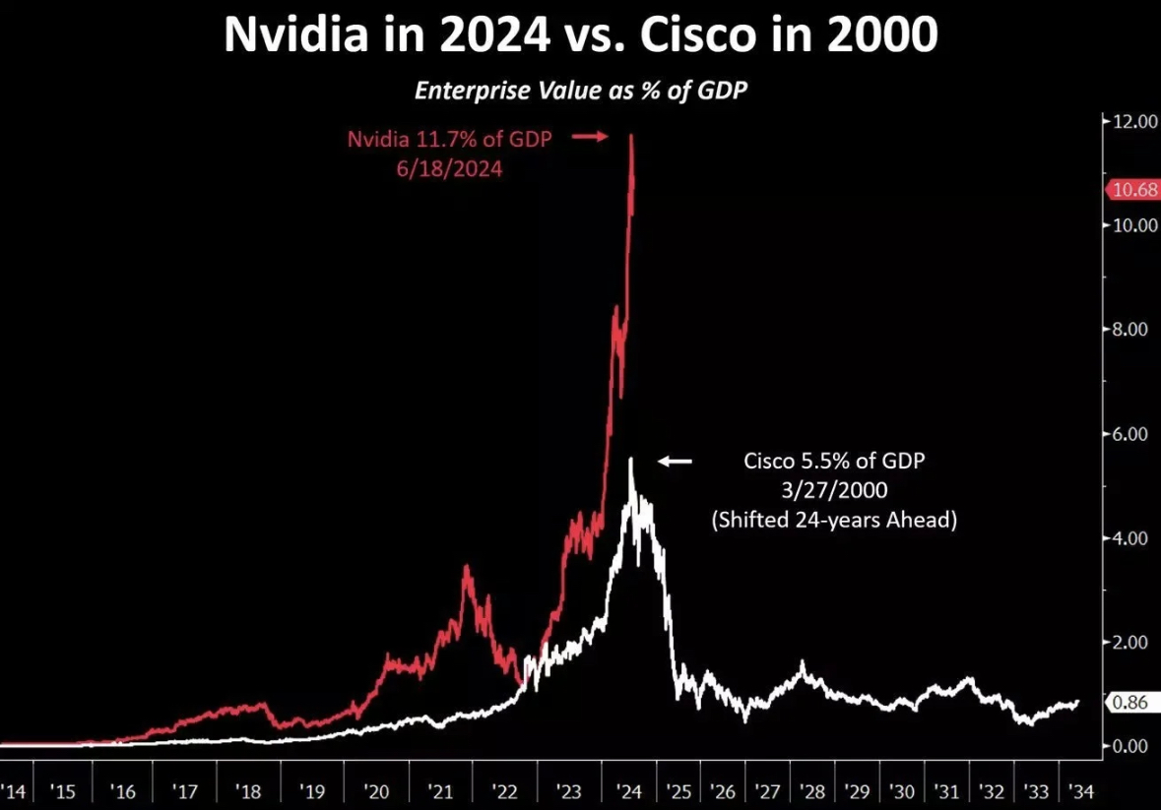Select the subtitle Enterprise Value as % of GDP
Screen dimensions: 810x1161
pyautogui.click(x=580, y=91)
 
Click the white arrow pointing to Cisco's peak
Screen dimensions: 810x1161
pyautogui.click(x=676, y=461)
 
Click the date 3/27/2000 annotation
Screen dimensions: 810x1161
pyautogui.click(x=833, y=489)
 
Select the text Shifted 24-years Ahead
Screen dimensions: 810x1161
pyautogui.click(x=834, y=520)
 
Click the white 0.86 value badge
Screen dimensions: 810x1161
pyautogui.click(x=1131, y=704)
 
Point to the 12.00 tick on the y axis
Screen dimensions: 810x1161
pyautogui.click(x=1131, y=121)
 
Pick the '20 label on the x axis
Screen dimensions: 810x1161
pyautogui.click(x=376, y=790)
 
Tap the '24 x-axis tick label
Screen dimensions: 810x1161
pyautogui.click(x=629, y=790)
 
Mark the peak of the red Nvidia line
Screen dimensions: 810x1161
pyautogui.click(x=631, y=137)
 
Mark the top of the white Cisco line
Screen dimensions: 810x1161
pyautogui.click(x=630, y=460)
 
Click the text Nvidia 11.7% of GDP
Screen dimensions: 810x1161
pyautogui.click(x=449, y=139)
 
